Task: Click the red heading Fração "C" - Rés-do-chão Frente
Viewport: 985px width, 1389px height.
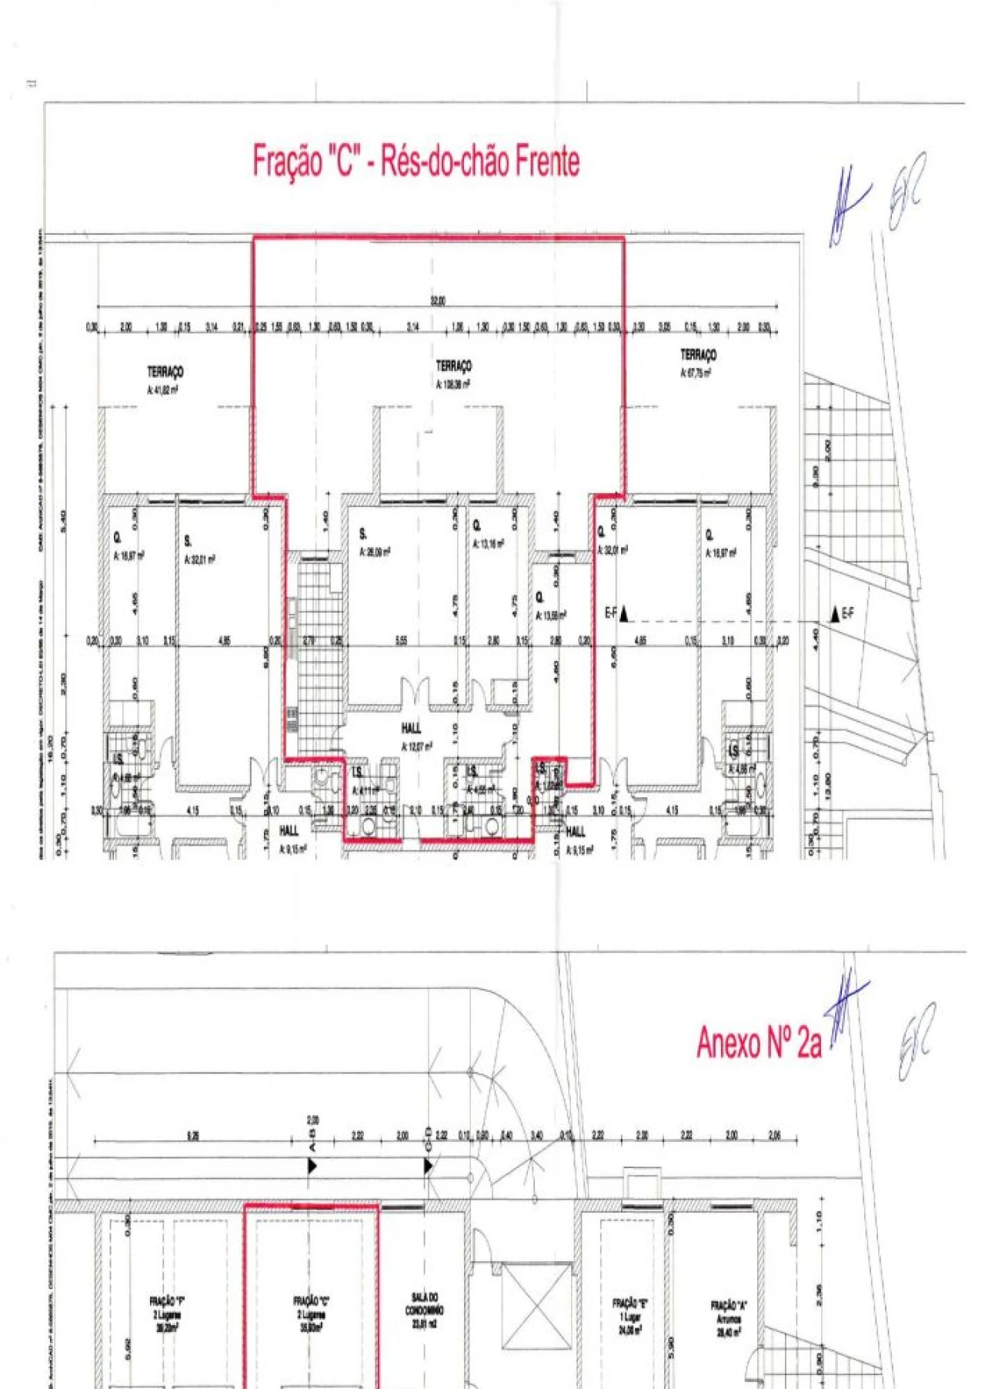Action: pos(416,162)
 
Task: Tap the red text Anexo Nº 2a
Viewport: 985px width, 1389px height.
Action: pos(759,1043)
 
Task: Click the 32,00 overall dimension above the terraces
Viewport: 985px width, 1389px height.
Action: pos(437,302)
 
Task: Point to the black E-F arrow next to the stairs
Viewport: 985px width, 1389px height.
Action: pos(836,614)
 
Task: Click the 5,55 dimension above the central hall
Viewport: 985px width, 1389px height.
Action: pos(401,640)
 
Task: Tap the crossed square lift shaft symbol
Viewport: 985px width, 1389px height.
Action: pos(537,1305)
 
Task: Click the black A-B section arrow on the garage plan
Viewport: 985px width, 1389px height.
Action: pos(312,1166)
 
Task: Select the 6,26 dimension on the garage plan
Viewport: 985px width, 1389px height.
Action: pos(193,1136)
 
